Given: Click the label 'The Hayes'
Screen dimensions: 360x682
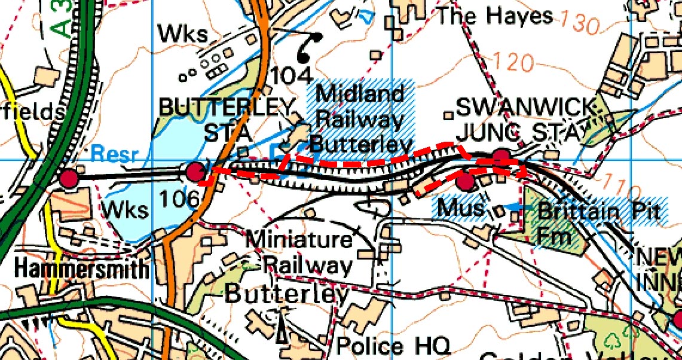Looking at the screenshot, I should (494, 16).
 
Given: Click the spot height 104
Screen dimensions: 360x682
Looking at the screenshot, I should (292, 75).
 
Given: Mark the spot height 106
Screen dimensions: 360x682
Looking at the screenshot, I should (179, 197).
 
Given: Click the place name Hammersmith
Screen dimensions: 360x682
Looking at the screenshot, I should (81, 269).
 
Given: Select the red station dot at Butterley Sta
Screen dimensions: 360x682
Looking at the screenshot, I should (195, 172).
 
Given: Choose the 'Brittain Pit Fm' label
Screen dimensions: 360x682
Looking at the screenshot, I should (598, 223).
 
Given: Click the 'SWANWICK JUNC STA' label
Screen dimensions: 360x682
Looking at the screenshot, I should (526, 119).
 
